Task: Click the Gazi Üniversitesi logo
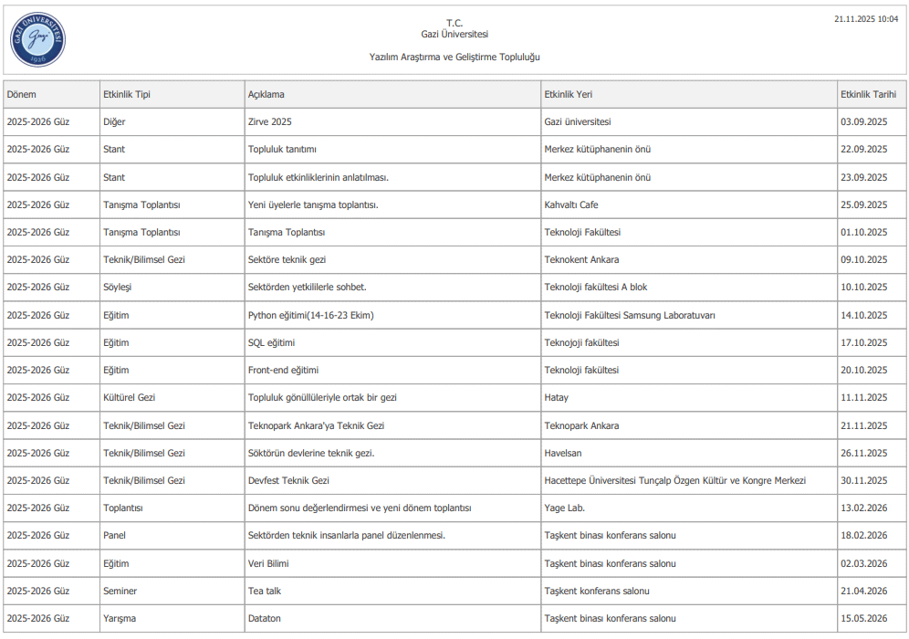(38, 40)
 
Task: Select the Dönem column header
(22, 94)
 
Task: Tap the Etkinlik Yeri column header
(569, 94)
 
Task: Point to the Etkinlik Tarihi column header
(868, 94)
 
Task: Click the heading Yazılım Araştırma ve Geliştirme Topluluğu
(454, 57)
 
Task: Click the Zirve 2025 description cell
(270, 121)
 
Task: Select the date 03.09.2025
(863, 121)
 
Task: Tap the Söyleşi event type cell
(118, 287)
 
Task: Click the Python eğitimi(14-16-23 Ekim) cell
(311, 315)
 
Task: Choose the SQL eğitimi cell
(271, 342)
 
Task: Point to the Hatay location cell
(556, 397)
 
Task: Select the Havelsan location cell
(563, 453)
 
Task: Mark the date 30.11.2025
(863, 480)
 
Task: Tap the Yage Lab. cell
(565, 508)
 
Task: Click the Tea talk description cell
(265, 591)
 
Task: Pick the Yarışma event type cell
(120, 618)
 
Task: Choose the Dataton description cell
(265, 618)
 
